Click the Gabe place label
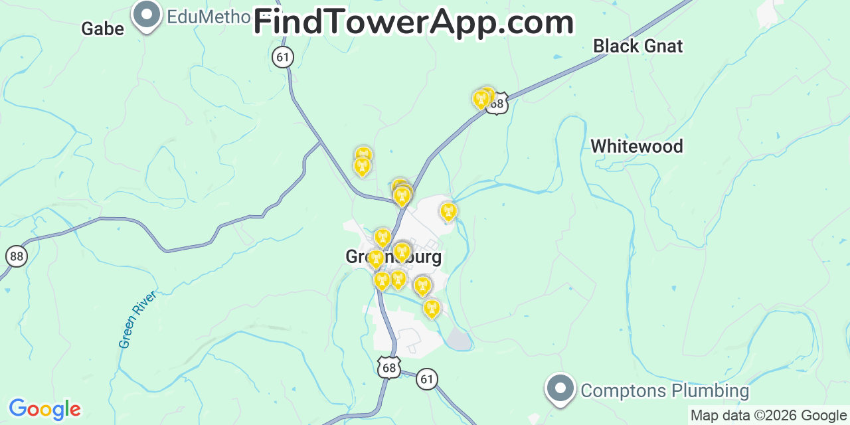click(x=102, y=29)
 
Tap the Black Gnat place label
click(x=637, y=46)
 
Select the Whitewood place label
click(x=636, y=146)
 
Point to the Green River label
click(x=137, y=319)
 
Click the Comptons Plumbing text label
click(x=665, y=391)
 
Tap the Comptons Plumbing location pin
click(x=560, y=388)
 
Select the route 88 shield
click(x=16, y=256)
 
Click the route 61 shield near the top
click(x=283, y=57)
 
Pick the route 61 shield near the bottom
click(x=427, y=380)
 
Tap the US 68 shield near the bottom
click(x=390, y=367)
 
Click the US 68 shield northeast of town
click(x=497, y=104)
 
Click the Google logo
click(x=44, y=409)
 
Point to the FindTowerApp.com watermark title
click(x=413, y=23)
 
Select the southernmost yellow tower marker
click(x=432, y=308)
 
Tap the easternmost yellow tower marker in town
click(x=448, y=212)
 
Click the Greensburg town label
click(x=393, y=257)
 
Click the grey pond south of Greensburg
click(x=459, y=339)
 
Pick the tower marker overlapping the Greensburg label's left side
click(x=376, y=258)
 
